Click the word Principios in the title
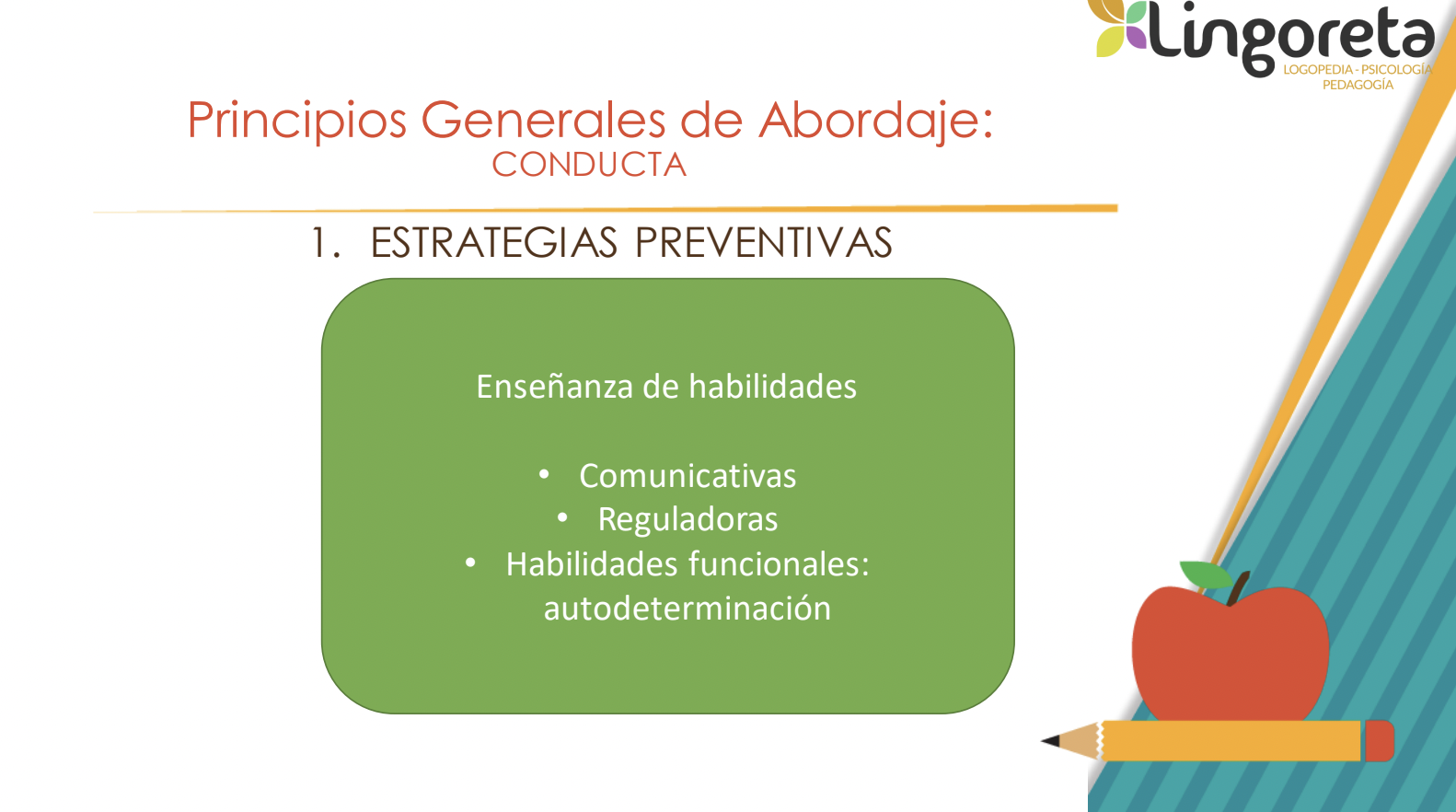click(x=297, y=121)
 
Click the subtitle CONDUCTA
click(x=589, y=165)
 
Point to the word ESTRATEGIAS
click(x=493, y=243)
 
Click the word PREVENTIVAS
click(x=763, y=243)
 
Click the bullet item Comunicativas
click(x=688, y=476)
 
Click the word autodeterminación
click(x=688, y=609)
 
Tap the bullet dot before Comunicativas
click(x=544, y=475)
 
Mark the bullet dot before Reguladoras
click(x=562, y=518)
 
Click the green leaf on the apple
click(x=1206, y=574)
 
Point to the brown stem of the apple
click(x=1238, y=587)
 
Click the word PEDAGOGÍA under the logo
click(x=1358, y=85)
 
